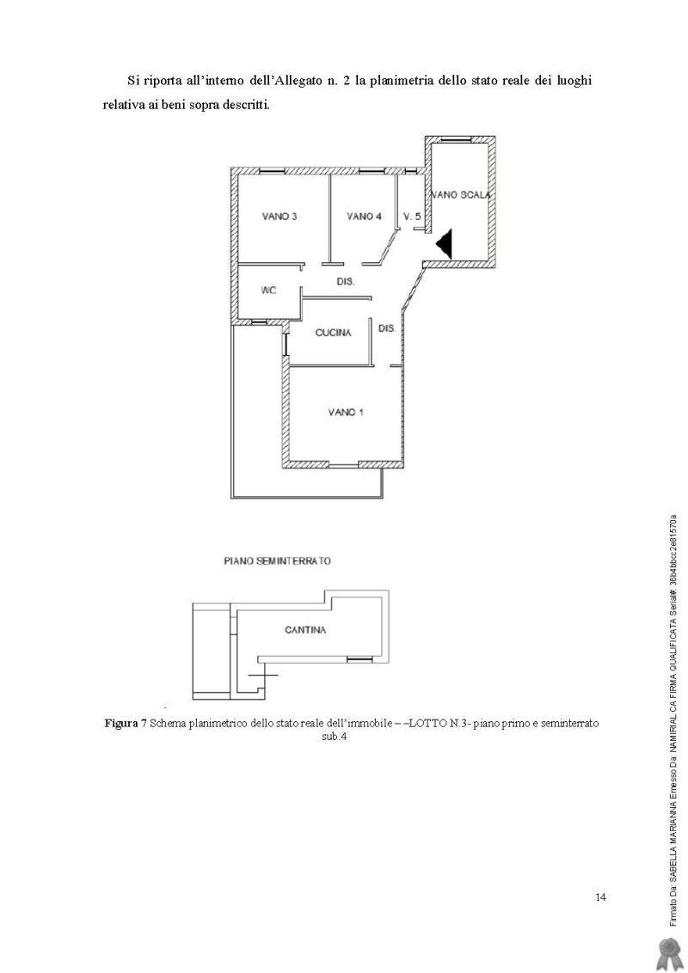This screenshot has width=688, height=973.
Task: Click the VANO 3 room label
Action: [279, 217]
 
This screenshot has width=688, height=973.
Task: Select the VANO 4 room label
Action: [364, 217]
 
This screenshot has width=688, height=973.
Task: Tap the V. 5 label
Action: [412, 217]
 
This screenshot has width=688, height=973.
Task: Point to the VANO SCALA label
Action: [462, 195]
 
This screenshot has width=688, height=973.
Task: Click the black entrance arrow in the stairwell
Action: [445, 244]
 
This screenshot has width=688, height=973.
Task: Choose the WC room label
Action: [268, 291]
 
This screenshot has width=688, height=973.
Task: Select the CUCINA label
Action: [334, 334]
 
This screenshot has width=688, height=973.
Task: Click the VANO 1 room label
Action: [346, 413]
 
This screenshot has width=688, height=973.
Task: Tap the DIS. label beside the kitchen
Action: [387, 328]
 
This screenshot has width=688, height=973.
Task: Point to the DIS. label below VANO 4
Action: [346, 282]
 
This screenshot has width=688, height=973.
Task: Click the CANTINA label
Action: [305, 630]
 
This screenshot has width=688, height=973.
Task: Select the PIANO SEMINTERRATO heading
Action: [277, 561]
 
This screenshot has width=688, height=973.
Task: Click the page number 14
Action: [600, 897]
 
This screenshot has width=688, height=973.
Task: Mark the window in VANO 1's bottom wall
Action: [343, 465]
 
